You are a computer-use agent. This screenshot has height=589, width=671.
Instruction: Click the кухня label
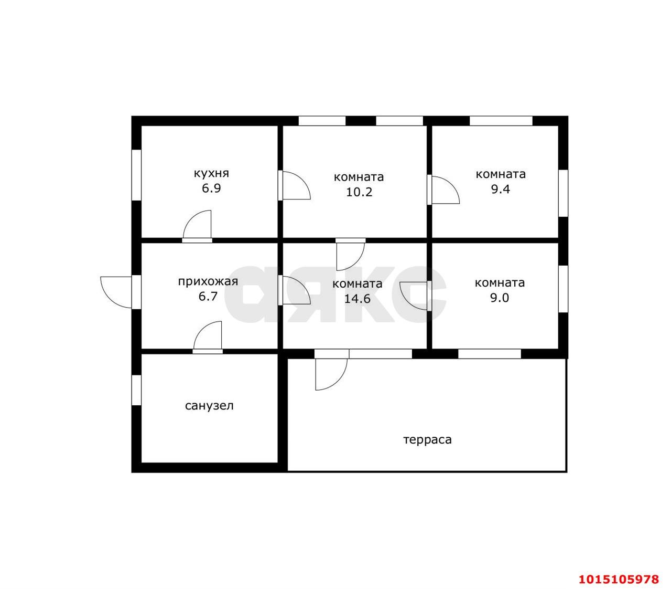211,173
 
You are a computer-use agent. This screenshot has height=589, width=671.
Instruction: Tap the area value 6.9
211,188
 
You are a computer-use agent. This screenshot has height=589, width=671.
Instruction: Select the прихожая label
208,281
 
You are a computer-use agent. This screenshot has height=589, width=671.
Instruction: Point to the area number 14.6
358,299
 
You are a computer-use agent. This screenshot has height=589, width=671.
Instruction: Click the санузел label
209,406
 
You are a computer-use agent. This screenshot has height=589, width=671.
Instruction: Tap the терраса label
427,440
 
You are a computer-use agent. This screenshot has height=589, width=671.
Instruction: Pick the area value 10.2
359,192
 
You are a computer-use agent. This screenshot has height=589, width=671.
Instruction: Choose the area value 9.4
501,189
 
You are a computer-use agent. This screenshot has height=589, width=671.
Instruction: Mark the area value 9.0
500,298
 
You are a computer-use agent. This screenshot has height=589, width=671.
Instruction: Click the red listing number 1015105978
619,579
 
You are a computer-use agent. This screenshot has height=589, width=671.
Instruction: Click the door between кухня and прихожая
197,226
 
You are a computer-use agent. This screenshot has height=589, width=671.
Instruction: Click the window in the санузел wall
136,391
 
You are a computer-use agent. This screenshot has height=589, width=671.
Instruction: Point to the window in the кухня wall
136,175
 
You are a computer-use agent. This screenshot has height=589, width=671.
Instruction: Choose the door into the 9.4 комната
443,190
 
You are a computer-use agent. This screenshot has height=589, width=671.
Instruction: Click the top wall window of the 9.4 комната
501,121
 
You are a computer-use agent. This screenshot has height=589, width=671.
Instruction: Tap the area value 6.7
208,296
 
